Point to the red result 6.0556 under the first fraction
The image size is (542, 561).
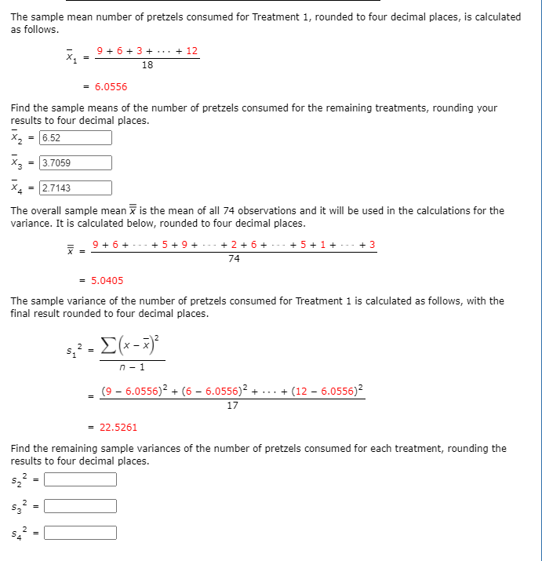click(x=111, y=87)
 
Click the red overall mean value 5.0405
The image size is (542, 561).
click(x=107, y=280)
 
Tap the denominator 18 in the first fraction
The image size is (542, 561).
click(x=147, y=65)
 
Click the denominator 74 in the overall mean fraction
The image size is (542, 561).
click(x=234, y=259)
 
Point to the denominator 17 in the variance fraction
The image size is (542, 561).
click(x=232, y=406)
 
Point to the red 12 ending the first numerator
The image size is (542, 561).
click(x=191, y=51)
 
